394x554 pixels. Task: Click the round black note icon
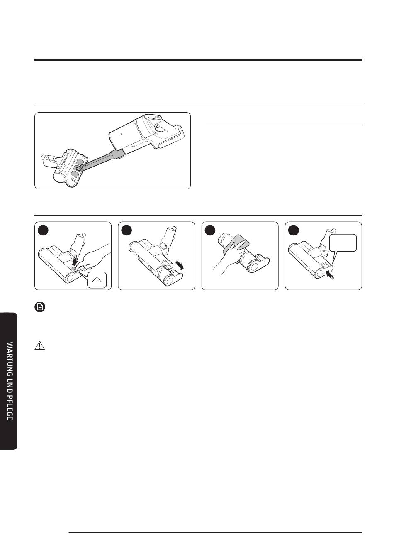tap(40, 307)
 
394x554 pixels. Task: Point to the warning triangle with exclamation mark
tap(40, 346)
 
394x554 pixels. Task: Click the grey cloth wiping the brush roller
tap(236, 244)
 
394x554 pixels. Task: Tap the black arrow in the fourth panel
tap(330, 275)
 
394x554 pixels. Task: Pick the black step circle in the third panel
tap(210, 230)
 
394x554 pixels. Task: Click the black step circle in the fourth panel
tap(294, 230)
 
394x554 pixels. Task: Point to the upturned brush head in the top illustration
tap(64, 168)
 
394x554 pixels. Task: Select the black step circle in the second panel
tap(126, 230)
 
